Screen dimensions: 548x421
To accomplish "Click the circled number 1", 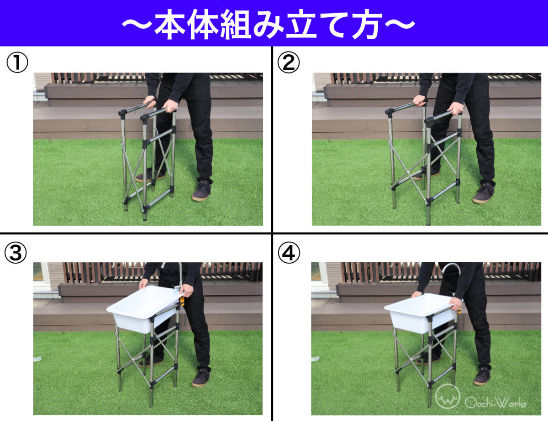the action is (17, 62).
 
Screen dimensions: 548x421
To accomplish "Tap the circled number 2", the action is (289, 62).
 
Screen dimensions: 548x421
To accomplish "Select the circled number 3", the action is (16, 253).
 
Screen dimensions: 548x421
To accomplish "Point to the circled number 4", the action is (289, 253).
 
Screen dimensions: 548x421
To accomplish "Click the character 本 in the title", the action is (170, 25).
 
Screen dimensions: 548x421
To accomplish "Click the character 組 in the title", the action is (235, 25).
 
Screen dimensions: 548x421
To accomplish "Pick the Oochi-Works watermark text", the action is (496, 403).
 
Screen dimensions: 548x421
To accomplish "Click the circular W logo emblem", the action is (448, 396).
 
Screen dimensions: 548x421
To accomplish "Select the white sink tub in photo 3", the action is (145, 309).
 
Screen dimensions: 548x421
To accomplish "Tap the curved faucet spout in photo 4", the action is (451, 268).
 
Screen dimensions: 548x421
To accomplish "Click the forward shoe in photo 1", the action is (201, 191).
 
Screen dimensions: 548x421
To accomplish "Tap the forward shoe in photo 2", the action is (484, 193).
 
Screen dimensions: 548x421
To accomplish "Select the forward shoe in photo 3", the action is (200, 378).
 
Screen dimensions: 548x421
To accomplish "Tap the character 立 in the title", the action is (300, 25).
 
